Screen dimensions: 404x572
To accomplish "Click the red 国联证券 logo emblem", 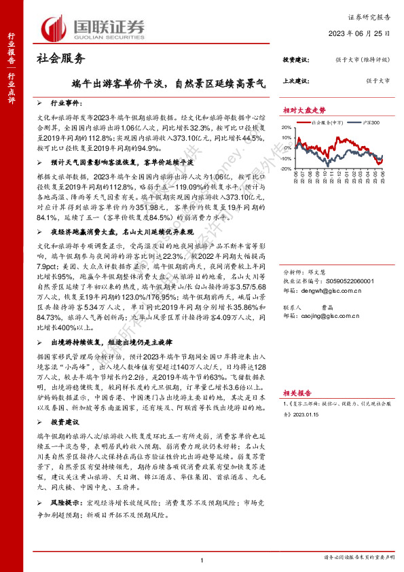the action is pyautogui.click(x=53, y=28).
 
